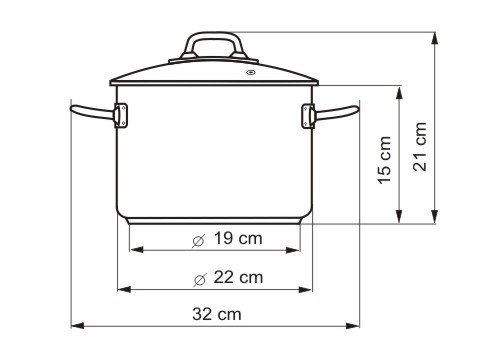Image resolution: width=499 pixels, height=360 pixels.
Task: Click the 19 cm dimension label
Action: [238, 238]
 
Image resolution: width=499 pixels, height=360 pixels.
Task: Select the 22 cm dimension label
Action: [238, 277]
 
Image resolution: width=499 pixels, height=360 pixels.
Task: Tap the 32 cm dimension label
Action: [217, 314]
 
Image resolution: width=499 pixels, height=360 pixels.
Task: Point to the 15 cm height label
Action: [384, 160]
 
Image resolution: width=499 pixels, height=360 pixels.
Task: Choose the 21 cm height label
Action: [420, 147]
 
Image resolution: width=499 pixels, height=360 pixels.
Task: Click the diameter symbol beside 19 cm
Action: [199, 240]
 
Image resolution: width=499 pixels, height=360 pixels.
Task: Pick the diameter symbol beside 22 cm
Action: [200, 279]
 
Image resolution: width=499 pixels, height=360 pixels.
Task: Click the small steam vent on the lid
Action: [250, 72]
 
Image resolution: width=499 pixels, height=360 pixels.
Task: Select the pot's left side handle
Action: [93, 113]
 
